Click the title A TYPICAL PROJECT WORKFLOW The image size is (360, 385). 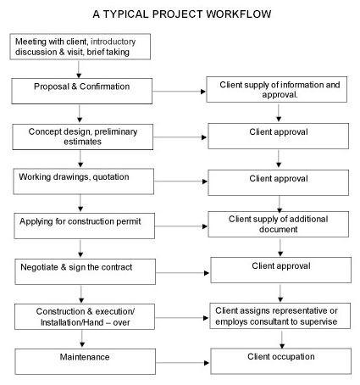coord(182,14)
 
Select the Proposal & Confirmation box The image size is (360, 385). coord(82,91)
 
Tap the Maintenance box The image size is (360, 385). coord(85,361)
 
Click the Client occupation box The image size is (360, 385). coord(281,361)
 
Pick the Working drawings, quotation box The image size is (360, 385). coord(84,181)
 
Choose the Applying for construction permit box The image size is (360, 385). coord(85,226)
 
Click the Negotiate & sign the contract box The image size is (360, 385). coord(86,271)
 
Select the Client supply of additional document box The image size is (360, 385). coord(279,224)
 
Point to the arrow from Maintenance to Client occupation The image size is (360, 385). coord(182,363)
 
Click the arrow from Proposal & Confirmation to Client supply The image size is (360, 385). coord(180,92)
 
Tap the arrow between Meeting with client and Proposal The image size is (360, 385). coord(79,69)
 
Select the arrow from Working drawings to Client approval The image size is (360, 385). coord(181,181)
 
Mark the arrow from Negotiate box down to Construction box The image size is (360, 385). coord(81,294)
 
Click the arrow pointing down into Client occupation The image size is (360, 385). coord(282,339)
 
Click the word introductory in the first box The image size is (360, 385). coord(113,42)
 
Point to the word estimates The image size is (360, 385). coord(82,142)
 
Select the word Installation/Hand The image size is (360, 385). coord(72,322)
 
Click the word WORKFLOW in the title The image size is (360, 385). coord(239,14)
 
